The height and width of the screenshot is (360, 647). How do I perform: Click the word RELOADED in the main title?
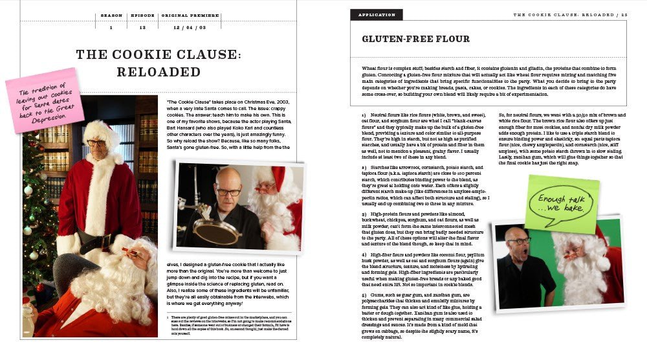coord(159,71)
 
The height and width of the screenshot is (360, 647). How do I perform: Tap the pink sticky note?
coord(45,100)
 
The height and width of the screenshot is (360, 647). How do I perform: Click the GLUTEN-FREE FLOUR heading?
coord(416,39)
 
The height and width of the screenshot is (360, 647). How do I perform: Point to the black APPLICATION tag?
coord(376,14)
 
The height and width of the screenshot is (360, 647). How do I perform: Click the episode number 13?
coord(142,27)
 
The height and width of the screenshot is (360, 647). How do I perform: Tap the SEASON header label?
coord(111,15)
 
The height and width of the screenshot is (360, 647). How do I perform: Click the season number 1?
coord(111,27)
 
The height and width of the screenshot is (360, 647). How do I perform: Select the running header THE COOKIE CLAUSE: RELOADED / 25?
coord(570,14)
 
